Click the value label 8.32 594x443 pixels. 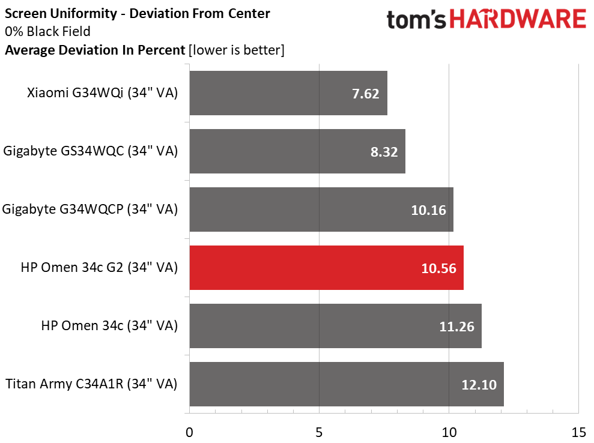coord(384,151)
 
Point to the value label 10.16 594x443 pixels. coord(429,209)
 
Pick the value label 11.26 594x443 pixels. coord(457,327)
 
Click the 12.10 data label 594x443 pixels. coord(479,385)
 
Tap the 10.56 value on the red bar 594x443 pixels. coord(439,268)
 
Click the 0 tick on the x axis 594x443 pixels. coord(190,432)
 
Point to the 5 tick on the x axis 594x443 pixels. coord(319,432)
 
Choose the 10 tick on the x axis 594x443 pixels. coord(449,432)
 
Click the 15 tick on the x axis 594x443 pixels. coord(578,432)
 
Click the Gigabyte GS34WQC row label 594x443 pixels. coord(90,151)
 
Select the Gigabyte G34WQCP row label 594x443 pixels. coord(90,209)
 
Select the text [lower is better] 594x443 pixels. coord(236,50)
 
